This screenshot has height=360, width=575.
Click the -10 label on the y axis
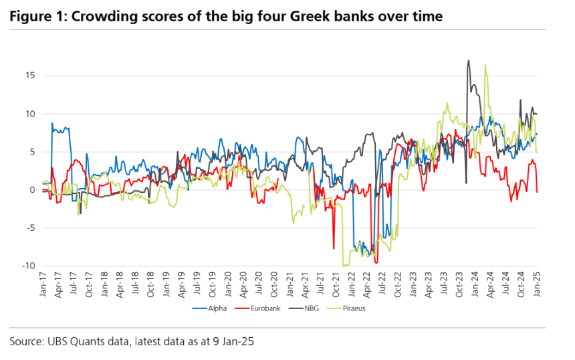(x=27, y=266)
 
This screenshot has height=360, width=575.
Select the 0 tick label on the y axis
(x=31, y=189)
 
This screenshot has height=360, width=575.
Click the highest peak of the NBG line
(x=469, y=61)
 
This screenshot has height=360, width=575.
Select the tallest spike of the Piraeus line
(x=485, y=65)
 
